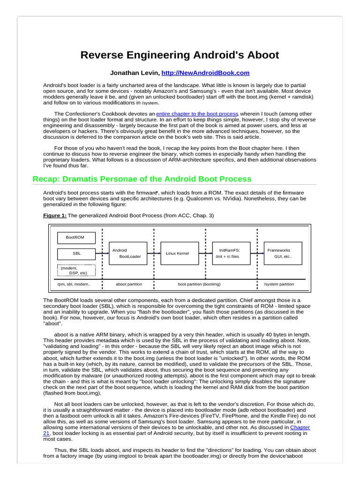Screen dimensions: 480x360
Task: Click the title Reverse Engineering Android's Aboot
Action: pyautogui.click(x=180, y=55)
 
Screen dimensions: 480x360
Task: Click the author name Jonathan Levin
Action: pyautogui.click(x=134, y=73)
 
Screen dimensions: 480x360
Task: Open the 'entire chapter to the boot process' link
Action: pyautogui.click(x=197, y=113)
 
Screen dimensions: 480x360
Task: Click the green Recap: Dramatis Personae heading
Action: pyautogui.click(x=142, y=179)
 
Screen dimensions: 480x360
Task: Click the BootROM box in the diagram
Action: pyautogui.click(x=76, y=237)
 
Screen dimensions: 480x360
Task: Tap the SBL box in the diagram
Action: pyautogui.click(x=76, y=254)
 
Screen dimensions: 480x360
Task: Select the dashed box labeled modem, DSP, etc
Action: pyautogui.click(x=76, y=270)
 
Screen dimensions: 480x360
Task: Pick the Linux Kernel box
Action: pyautogui.click(x=180, y=254)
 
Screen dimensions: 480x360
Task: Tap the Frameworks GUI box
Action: pyautogui.click(x=282, y=254)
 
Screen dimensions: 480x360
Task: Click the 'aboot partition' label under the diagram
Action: pyautogui.click(x=129, y=284)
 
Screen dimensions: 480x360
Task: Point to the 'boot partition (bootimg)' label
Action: pyautogui.click(x=199, y=284)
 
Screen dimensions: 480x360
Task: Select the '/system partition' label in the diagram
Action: pyautogui.click(x=279, y=284)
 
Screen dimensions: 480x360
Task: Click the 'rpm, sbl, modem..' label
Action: pyautogui.click(x=74, y=284)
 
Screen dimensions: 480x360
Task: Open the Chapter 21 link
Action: pyautogui.click(x=300, y=427)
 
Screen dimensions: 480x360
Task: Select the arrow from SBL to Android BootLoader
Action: pyautogui.click(x=102, y=254)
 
